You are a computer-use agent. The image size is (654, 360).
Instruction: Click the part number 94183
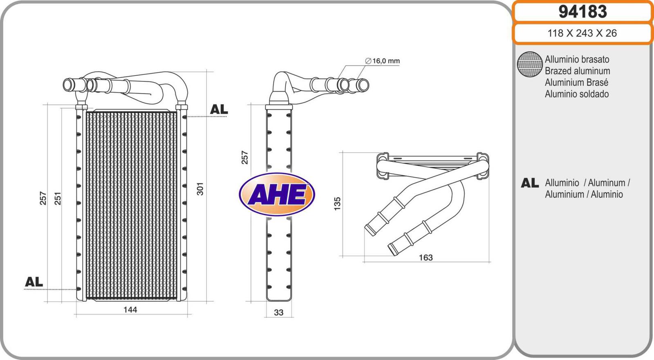click(582, 12)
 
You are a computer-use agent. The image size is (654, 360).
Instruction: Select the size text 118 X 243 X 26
click(582, 33)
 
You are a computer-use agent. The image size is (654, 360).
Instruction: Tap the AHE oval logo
click(277, 194)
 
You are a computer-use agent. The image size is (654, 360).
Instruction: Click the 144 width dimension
click(130, 309)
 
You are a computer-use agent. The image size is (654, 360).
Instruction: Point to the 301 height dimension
click(200, 189)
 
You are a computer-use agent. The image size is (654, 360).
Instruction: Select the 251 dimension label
click(58, 198)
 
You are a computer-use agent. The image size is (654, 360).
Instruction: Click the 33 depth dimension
click(278, 313)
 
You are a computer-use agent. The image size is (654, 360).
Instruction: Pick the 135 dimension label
click(337, 203)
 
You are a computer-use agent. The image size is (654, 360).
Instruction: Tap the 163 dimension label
click(426, 257)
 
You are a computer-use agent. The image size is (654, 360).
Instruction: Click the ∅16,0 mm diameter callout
click(382, 61)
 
